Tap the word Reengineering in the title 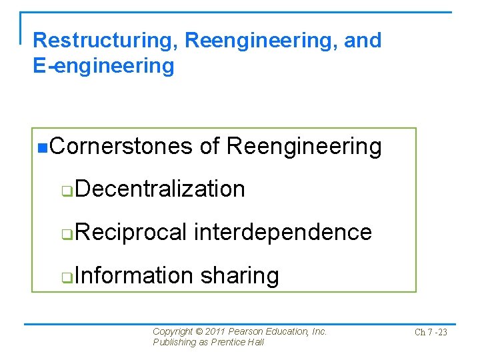pos(261,41)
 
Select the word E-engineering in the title pos(103,66)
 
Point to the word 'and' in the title pos(363,41)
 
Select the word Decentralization pos(160,189)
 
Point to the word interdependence pos(283,232)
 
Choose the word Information pos(134,275)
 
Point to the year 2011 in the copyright pos(215,331)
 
